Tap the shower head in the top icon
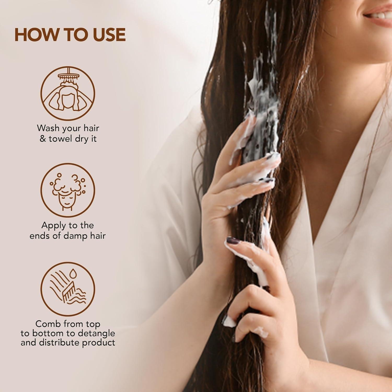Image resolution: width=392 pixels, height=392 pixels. tap(68, 76)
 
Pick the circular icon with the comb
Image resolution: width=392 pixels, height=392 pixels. tap(68, 289)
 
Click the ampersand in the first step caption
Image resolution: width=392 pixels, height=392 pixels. tap(43, 139)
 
